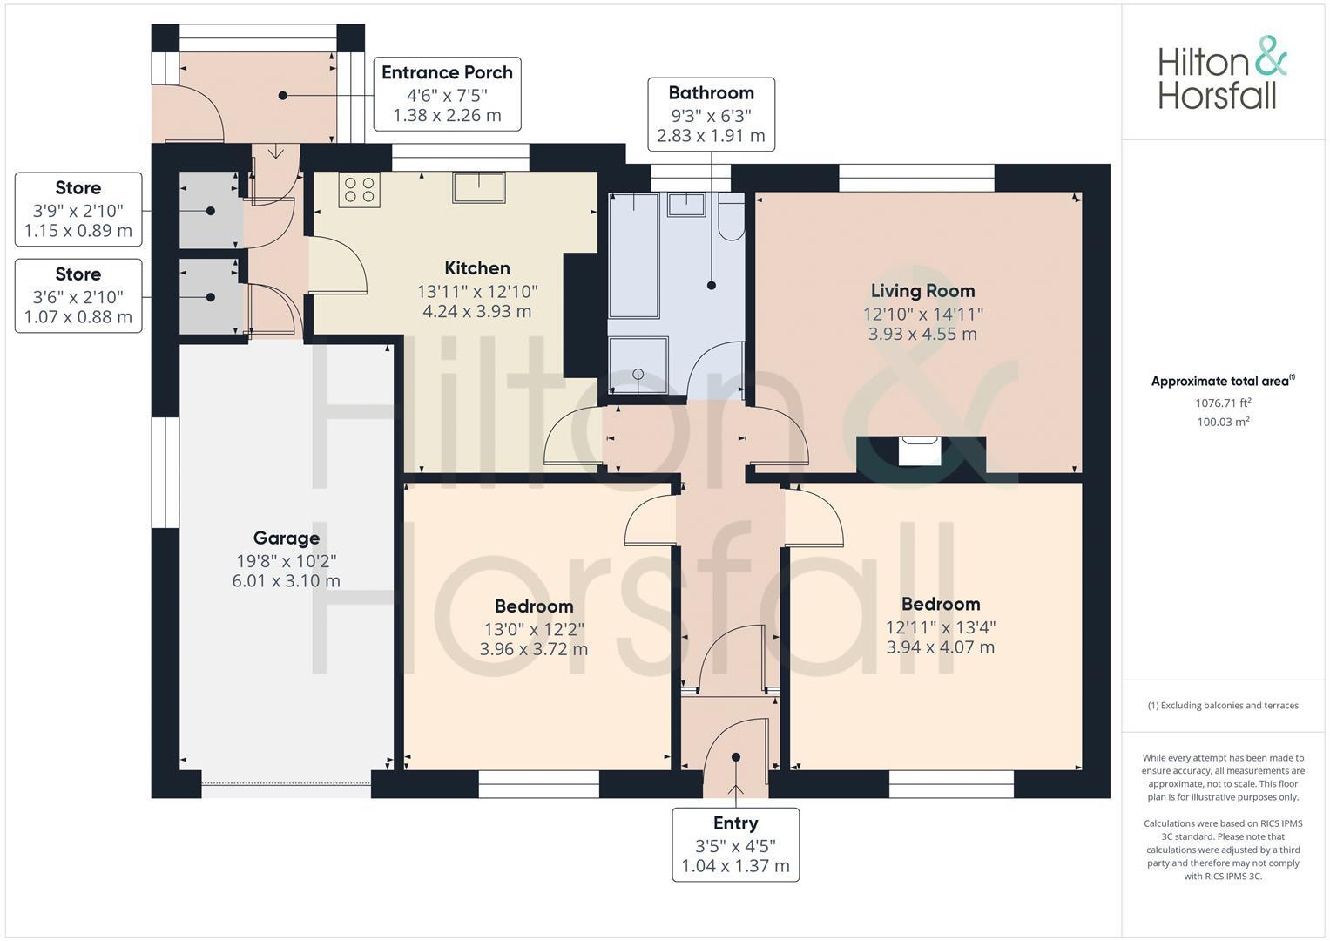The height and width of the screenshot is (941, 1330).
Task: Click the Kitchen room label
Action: (477, 268)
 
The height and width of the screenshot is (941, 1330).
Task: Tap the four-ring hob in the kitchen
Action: (359, 190)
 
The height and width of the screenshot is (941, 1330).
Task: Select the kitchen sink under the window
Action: (478, 187)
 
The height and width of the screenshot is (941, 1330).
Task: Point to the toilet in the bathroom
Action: (731, 216)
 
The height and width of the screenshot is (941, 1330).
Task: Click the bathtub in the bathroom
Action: (634, 255)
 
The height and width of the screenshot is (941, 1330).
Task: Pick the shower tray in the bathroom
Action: (638, 365)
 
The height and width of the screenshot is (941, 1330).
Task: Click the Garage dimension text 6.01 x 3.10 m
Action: (287, 580)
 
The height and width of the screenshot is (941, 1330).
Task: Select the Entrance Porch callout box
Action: (447, 94)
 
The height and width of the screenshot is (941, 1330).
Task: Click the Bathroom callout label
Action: (712, 114)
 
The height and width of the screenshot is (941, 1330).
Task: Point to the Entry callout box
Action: (736, 844)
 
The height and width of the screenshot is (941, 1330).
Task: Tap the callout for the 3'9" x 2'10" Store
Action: (78, 209)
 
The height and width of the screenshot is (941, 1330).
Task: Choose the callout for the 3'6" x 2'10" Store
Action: (78, 295)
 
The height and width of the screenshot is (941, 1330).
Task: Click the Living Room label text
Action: (922, 290)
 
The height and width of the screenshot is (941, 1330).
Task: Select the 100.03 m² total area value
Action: (1223, 422)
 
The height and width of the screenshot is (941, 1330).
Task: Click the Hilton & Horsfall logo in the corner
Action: (1222, 73)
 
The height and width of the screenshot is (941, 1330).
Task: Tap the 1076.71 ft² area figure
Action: (1223, 403)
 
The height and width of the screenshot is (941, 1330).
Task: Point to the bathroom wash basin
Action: (686, 205)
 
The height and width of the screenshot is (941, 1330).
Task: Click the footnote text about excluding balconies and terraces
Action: (1223, 705)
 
